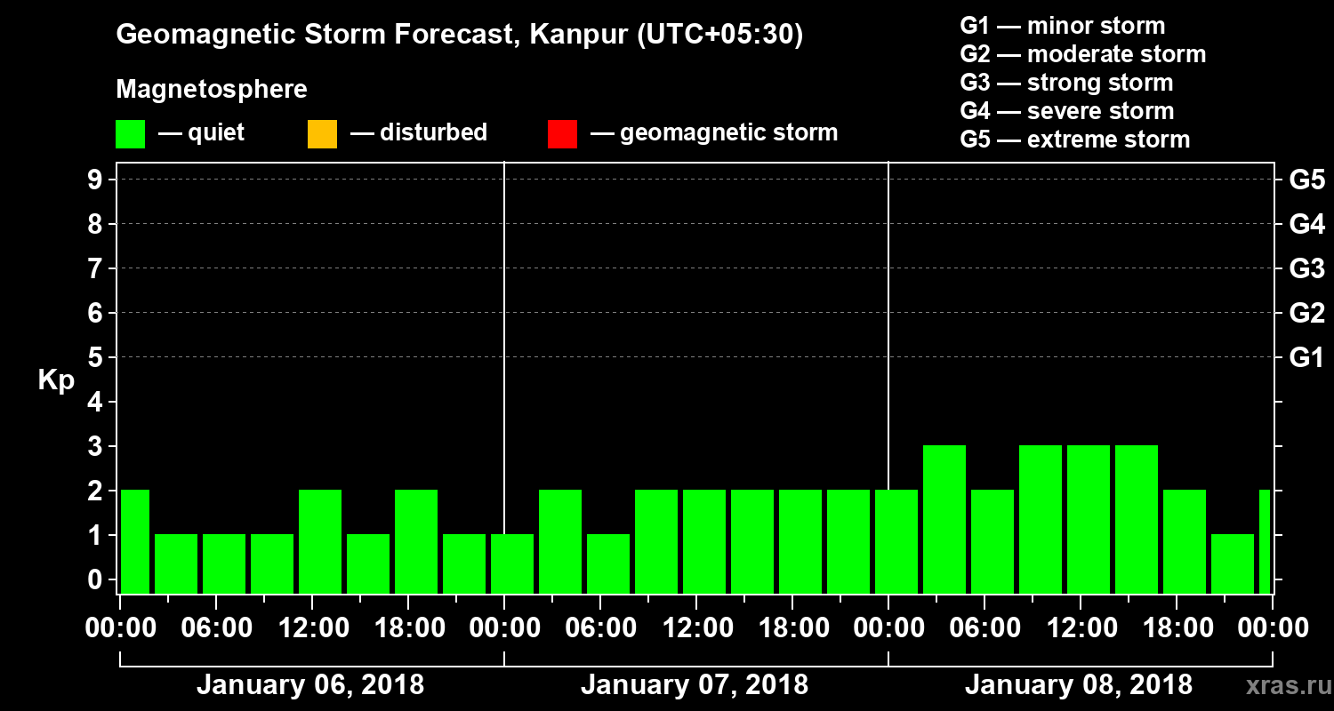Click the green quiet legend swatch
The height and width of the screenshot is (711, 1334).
(130, 133)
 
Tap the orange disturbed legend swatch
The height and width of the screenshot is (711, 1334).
(322, 133)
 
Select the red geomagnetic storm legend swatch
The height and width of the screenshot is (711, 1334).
(562, 133)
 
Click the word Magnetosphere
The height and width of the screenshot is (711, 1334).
(212, 90)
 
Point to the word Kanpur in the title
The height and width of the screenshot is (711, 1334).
(566, 36)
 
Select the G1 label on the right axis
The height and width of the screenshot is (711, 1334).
(1306, 358)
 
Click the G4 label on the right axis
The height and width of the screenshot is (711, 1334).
(1306, 224)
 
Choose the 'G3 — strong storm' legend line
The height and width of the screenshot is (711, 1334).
(1066, 83)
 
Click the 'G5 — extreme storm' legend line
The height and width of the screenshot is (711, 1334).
(1074, 140)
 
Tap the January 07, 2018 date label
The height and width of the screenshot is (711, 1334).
(695, 685)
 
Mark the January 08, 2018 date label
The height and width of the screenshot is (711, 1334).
(1079, 685)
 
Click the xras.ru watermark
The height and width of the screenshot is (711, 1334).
(1283, 686)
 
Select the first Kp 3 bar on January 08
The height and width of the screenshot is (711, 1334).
(944, 519)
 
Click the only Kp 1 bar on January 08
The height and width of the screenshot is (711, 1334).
(1233, 563)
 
